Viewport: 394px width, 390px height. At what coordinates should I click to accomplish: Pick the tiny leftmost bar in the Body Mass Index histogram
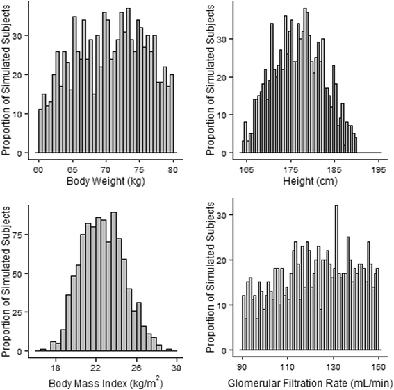coord(43,350)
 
